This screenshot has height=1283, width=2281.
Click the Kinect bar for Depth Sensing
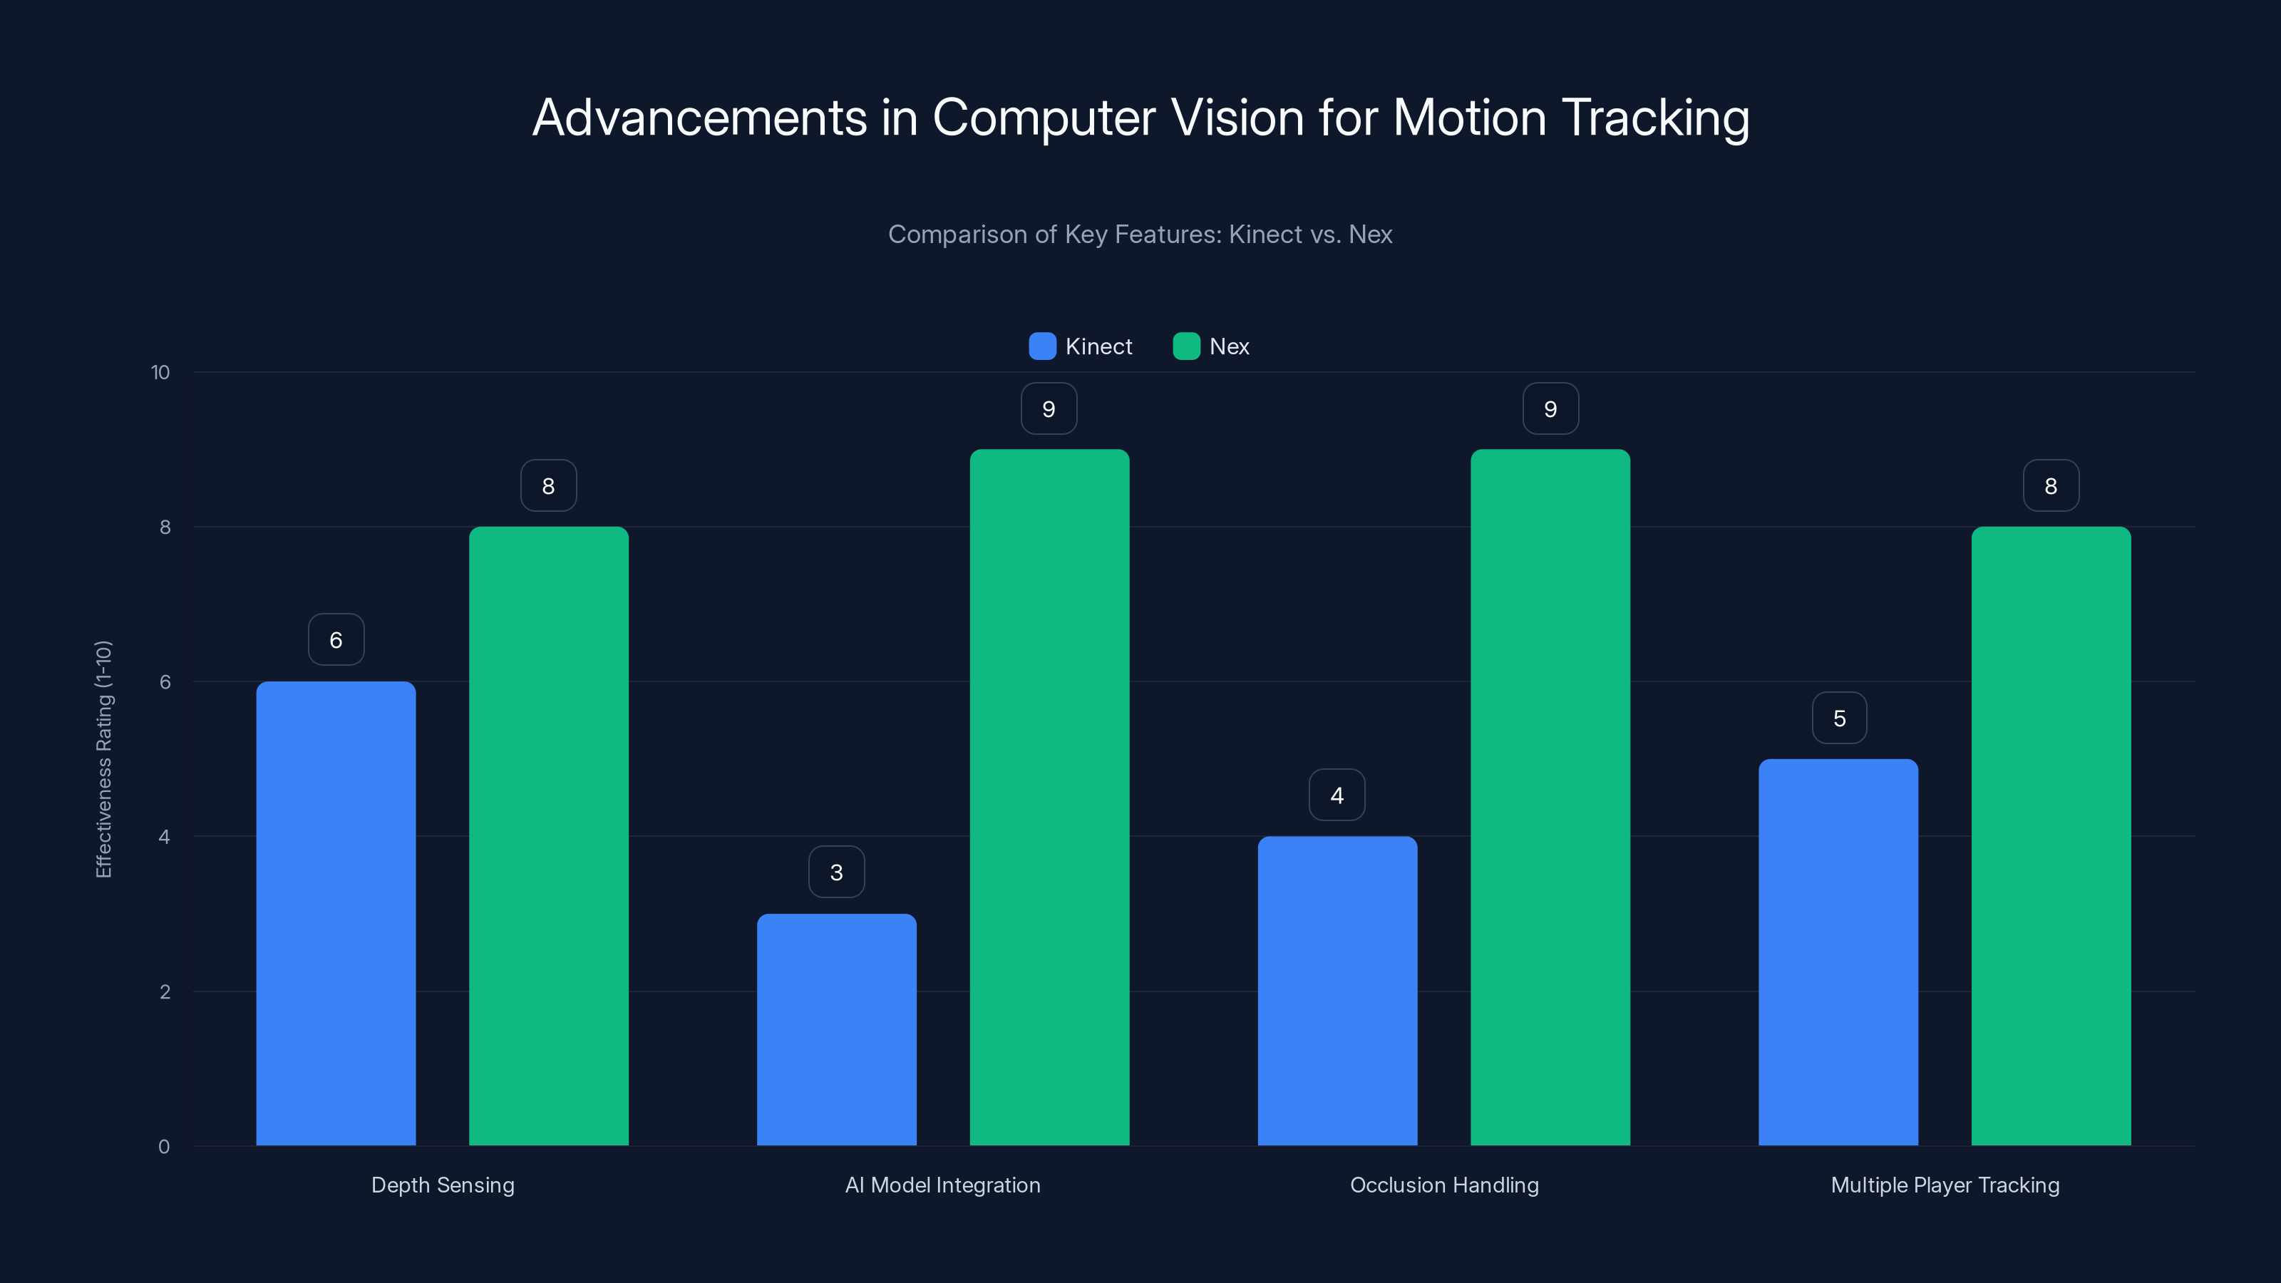click(336, 913)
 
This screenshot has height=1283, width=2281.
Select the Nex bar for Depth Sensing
click(548, 836)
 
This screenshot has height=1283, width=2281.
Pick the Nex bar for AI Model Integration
click(1049, 797)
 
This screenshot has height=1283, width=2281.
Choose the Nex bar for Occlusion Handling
click(1550, 797)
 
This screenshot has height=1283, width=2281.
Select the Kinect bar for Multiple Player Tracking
click(1838, 952)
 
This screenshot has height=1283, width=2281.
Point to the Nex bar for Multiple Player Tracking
click(2051, 836)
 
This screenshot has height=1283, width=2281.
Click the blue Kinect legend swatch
click(1042, 346)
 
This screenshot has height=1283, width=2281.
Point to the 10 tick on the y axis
click(160, 373)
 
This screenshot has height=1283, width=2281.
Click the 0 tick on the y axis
click(164, 1147)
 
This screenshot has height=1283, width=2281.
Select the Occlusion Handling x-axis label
click(1444, 1185)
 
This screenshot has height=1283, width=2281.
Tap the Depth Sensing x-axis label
click(443, 1185)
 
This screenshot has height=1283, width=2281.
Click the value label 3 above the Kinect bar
click(836, 872)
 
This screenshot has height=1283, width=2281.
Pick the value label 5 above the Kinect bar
click(1839, 718)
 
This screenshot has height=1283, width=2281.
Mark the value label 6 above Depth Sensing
click(336, 640)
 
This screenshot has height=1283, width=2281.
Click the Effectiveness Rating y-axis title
click(103, 759)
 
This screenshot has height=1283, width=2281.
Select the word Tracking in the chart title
click(1655, 118)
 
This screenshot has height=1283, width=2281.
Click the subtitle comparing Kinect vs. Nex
click(1140, 235)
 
